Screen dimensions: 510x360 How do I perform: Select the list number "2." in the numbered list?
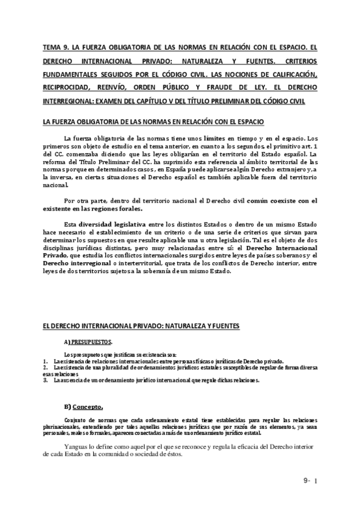tap(46, 366)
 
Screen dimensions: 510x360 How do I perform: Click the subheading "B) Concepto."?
tap(87, 405)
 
